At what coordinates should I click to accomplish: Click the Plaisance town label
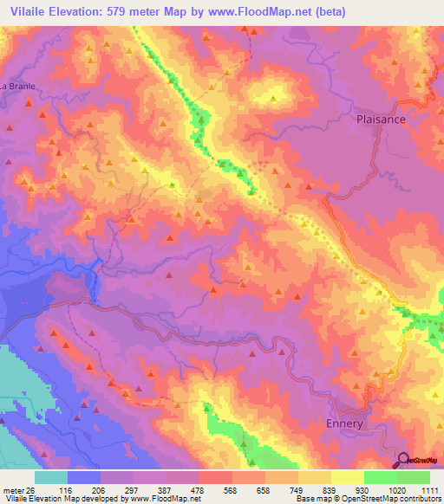[x=381, y=120]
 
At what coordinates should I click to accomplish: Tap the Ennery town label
[x=349, y=424]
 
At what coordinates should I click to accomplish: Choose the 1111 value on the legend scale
[x=430, y=489]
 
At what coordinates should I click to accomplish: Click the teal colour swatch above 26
[x=50, y=477]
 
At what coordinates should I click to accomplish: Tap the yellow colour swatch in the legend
[x=347, y=477]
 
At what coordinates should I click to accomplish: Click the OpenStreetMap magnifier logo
[x=404, y=459]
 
